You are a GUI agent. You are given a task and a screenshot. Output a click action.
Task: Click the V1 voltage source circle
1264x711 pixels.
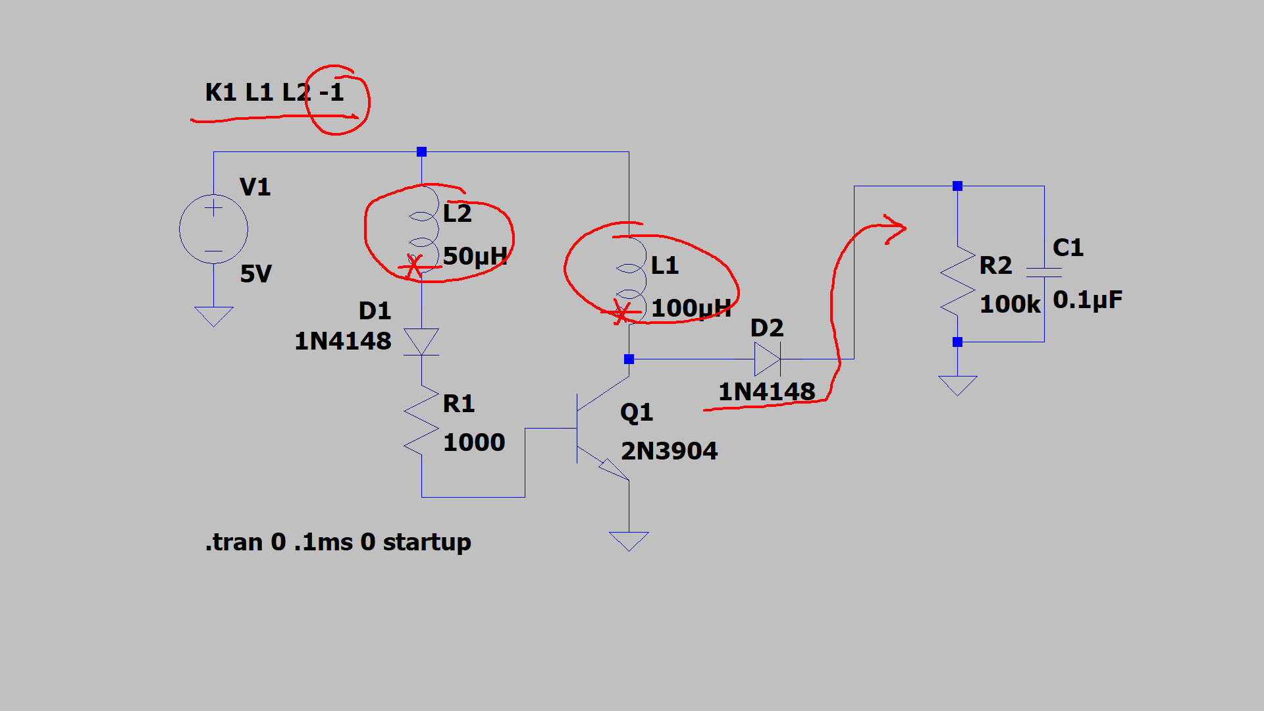(213, 229)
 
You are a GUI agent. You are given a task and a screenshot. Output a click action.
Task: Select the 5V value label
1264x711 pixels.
(255, 274)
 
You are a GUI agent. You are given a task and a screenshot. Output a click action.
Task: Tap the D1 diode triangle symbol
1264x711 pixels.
(421, 342)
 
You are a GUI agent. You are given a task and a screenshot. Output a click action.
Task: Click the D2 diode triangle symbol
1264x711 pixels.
(767, 359)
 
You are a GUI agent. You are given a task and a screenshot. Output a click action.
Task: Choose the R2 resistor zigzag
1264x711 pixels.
(957, 281)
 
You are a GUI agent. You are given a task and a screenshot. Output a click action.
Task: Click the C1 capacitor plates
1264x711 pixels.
(1044, 273)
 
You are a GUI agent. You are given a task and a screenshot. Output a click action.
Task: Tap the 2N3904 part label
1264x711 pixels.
(669, 451)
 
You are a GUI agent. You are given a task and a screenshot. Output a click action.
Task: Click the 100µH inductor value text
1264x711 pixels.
(691, 308)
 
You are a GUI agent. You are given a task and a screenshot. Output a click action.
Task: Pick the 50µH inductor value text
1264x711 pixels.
(475, 256)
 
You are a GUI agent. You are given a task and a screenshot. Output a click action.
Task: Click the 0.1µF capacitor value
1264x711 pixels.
(1088, 300)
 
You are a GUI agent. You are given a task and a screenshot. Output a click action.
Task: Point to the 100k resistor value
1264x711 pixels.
(1010, 304)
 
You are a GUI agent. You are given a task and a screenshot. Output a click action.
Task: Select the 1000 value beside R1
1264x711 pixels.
(474, 442)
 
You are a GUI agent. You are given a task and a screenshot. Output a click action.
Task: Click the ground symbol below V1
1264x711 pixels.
(213, 316)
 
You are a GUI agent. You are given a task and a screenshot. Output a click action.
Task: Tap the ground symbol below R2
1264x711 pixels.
(957, 385)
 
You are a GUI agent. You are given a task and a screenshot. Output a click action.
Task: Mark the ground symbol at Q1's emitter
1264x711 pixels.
(629, 540)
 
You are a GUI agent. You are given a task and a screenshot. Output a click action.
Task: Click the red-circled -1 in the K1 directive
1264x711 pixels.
(332, 93)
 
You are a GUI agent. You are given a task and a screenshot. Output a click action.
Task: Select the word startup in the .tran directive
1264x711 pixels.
(427, 542)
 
